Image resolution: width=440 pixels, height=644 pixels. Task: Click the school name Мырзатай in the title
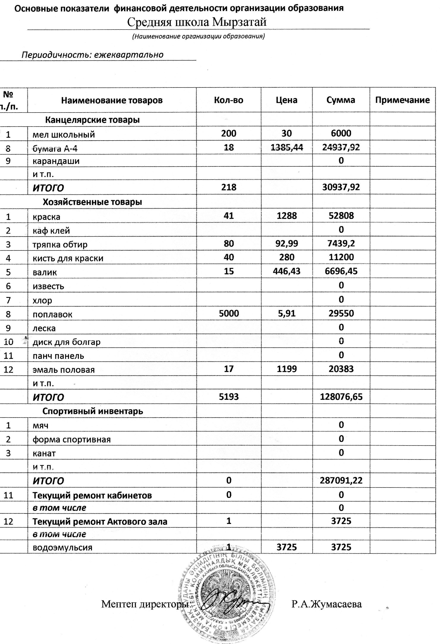pos(239,22)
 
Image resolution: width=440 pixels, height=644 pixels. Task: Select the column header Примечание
pos(402,100)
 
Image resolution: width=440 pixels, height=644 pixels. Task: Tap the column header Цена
pos(286,100)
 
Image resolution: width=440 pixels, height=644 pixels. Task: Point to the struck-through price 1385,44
pos(287,147)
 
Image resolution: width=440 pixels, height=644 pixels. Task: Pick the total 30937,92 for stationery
pos(341,187)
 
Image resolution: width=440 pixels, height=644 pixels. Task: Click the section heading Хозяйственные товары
pos(92,202)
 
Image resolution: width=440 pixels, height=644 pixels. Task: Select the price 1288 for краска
pos(287,216)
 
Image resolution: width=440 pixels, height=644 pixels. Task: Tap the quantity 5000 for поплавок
pos(229,313)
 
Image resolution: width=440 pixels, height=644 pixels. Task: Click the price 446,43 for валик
pos(287,271)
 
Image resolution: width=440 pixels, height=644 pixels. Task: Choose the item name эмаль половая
pos(64,370)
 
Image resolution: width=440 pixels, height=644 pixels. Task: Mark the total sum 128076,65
pos(341,397)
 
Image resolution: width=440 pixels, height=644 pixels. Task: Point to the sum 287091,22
pos(341,480)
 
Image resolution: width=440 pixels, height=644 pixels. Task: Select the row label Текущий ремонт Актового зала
pos(100,522)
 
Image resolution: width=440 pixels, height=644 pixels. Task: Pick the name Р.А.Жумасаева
pos(326,604)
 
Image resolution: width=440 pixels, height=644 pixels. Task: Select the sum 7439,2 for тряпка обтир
pos(341,244)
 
